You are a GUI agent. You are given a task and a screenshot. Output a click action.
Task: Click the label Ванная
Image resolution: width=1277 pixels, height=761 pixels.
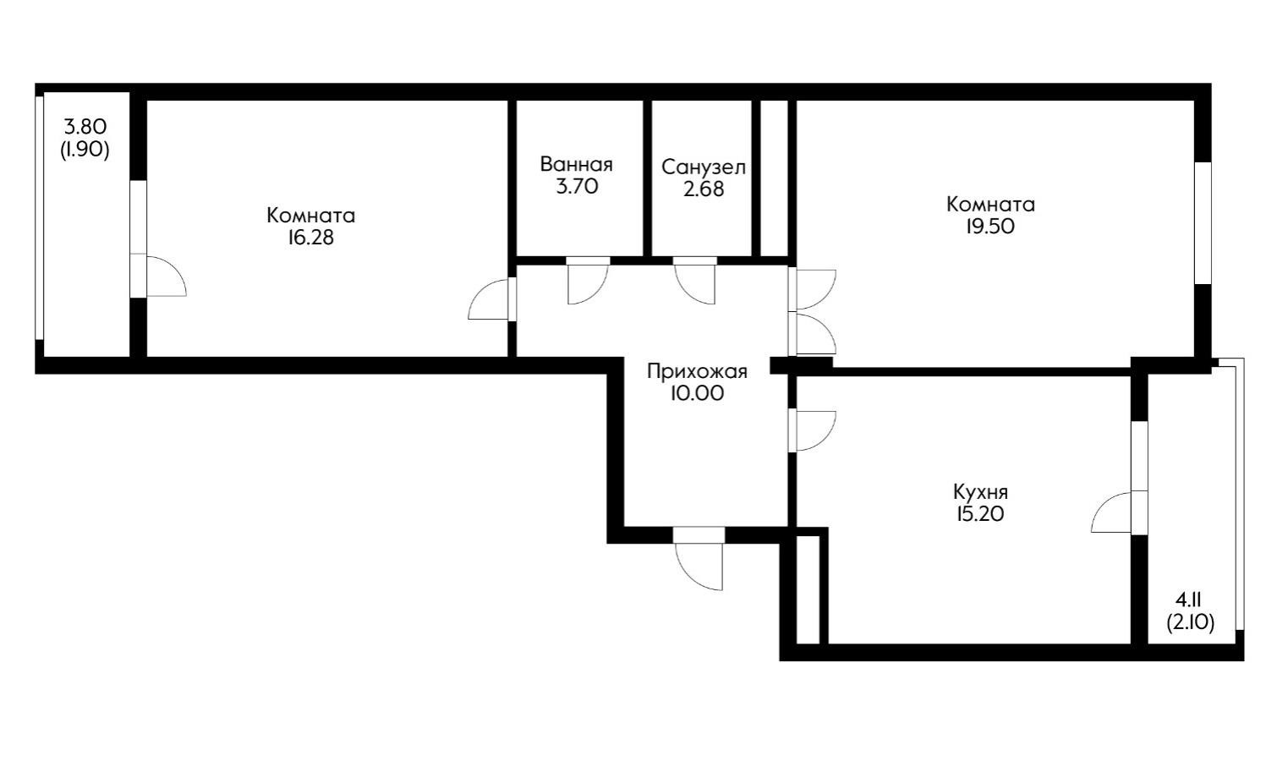tap(576, 164)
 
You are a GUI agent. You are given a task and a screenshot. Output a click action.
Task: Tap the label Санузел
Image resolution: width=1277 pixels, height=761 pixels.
tap(704, 167)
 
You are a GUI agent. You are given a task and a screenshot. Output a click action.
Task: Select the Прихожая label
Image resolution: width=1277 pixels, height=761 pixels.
tap(697, 371)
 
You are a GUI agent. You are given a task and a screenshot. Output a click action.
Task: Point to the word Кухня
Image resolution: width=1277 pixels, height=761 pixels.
tap(980, 492)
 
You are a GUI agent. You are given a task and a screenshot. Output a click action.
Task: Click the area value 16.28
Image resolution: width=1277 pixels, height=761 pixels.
tap(310, 238)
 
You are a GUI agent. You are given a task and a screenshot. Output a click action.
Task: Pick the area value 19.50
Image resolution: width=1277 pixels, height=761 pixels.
tap(990, 227)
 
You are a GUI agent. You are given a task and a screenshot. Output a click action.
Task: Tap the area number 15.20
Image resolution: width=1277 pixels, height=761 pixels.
tap(980, 514)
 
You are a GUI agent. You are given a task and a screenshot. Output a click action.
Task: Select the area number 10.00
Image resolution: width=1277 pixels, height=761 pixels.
tap(697, 393)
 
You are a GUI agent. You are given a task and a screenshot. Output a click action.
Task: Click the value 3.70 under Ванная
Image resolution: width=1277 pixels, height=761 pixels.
tap(577, 187)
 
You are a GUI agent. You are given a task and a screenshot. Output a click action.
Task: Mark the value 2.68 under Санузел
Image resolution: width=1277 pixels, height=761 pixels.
tap(704, 189)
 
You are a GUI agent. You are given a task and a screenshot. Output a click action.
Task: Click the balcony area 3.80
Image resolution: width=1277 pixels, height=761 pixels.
tap(85, 128)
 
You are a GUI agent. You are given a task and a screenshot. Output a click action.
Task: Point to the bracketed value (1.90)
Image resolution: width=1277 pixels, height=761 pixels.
tap(85, 151)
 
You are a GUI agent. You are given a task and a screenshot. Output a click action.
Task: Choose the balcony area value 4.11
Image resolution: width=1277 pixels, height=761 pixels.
tap(1189, 600)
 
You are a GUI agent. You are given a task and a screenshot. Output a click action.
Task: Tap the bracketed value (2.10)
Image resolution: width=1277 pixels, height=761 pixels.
tap(1190, 623)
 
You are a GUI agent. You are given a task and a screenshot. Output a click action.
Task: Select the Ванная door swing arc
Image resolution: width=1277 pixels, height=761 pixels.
tap(586, 283)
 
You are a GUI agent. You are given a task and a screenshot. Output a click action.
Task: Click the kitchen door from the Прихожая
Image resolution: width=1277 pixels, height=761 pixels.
tap(814, 430)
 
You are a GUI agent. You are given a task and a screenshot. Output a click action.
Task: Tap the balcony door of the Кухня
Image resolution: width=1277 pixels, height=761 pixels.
tap(1115, 513)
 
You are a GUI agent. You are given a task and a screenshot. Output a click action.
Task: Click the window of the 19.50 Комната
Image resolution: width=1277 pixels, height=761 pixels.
tap(1203, 222)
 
